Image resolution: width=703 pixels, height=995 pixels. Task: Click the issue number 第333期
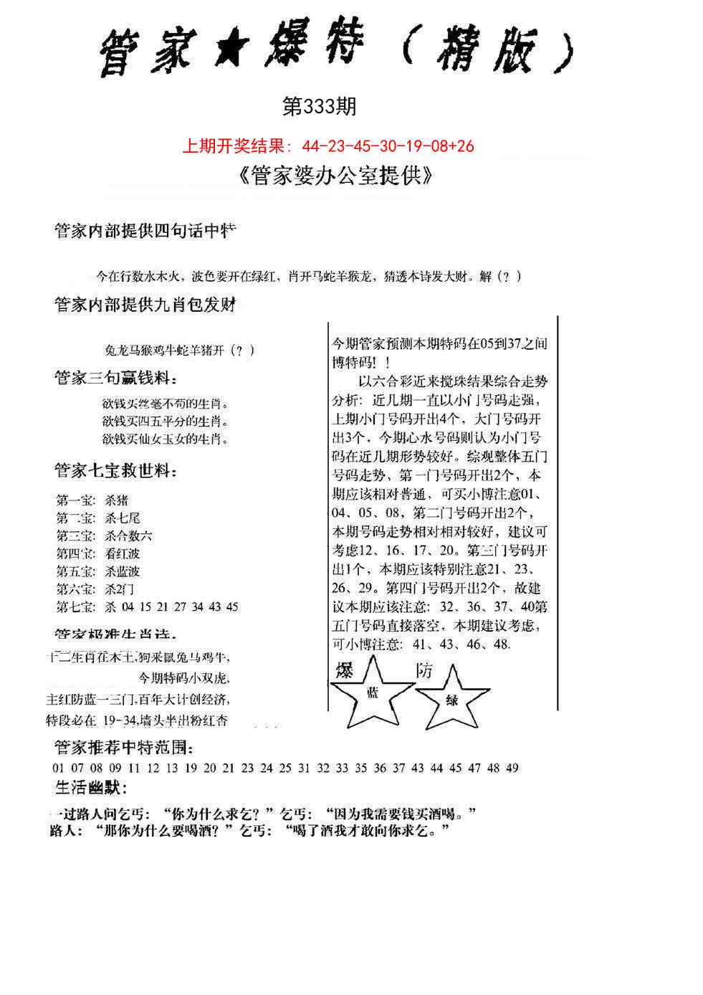319,108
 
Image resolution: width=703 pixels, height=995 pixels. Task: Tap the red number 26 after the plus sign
464,146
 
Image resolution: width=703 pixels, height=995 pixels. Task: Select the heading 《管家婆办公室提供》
334,176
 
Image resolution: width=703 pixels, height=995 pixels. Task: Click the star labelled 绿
452,699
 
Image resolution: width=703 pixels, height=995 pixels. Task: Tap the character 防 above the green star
425,671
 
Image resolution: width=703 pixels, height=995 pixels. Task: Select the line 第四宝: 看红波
97,553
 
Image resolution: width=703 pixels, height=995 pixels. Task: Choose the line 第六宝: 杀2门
95,589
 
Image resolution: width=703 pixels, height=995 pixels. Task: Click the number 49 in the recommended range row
512,768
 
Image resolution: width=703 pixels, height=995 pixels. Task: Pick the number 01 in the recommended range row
59,768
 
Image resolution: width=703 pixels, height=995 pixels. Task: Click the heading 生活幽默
91,789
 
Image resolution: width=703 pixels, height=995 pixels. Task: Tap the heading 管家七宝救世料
115,472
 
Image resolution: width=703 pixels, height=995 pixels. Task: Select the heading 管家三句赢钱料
115,378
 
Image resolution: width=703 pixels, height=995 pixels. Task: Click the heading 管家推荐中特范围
123,748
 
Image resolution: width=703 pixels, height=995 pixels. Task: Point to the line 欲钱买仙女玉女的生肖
166,438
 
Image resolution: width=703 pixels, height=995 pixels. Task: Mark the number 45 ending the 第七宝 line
231,606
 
